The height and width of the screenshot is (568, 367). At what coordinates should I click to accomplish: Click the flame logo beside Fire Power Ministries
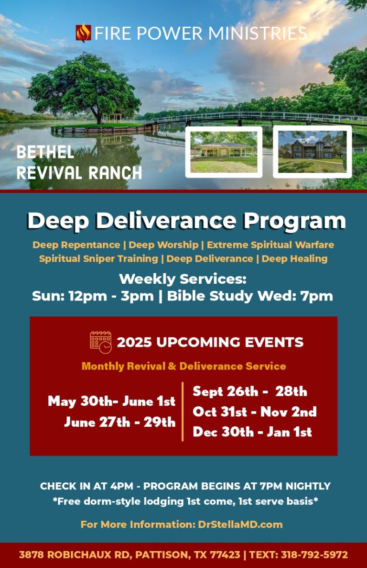pos(83,33)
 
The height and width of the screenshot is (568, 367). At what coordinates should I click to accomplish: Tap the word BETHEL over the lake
pos(45,152)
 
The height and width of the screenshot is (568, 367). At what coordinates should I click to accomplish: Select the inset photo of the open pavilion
pos(224,152)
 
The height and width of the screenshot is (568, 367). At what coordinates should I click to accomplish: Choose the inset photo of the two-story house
pos(313,152)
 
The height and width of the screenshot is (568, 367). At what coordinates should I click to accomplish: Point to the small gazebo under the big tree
pos(112,118)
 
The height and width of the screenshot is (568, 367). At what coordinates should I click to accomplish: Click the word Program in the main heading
pos(294,221)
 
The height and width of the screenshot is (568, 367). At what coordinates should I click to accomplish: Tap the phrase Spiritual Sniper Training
pos(99,259)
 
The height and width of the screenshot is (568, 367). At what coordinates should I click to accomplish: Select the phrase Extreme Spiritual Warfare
pos(270,245)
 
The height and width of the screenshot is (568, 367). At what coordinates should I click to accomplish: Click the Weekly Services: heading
pos(183,279)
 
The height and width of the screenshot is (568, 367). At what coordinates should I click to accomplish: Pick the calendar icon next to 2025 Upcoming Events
pos(100,342)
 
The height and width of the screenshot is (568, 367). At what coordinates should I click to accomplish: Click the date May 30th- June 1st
pos(112,401)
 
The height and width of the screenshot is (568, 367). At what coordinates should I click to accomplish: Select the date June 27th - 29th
pos(120,422)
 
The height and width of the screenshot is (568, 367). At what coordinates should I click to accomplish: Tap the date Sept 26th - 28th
pos(250,391)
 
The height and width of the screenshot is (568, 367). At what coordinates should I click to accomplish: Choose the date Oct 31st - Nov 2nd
pos(255,412)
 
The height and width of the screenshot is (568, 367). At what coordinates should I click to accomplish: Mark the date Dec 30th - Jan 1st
pos(252,432)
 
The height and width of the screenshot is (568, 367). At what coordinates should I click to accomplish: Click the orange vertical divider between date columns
pos(183,412)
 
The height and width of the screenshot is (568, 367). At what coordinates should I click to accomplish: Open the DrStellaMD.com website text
pos(240,524)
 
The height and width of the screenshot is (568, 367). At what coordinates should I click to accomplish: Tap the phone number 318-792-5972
pos(314,555)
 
